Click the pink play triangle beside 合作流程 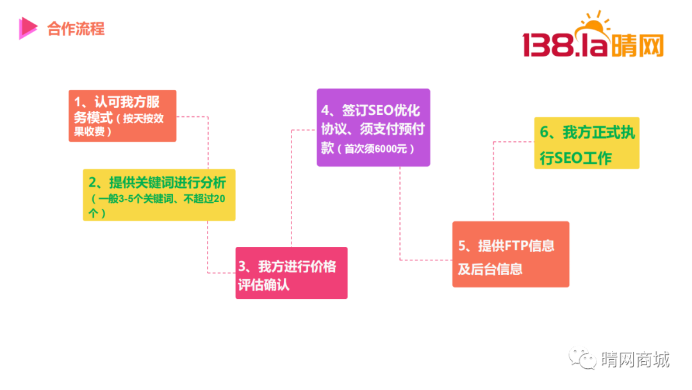(28, 28)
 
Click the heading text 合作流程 (76, 29)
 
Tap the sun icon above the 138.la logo (595, 25)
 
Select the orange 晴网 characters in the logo (636, 46)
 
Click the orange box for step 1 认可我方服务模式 (122, 115)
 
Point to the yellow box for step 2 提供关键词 (159, 195)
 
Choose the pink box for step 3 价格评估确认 (292, 273)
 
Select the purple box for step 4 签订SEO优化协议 (374, 128)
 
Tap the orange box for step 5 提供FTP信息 (511, 255)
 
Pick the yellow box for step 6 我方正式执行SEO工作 (586, 142)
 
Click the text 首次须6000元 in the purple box (375, 149)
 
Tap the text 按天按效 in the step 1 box (144, 119)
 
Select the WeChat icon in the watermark (582, 358)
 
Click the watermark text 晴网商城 (636, 359)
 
